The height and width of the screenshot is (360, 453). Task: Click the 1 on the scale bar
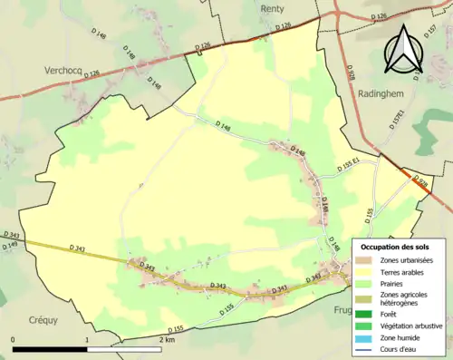tap(87, 339)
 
